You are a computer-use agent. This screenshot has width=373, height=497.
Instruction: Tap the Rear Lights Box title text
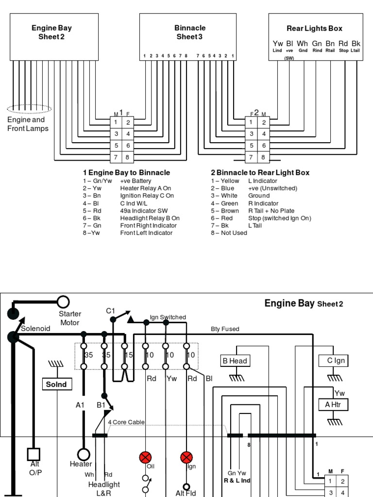click(315, 29)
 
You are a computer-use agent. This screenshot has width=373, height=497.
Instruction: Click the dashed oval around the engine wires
click(29, 109)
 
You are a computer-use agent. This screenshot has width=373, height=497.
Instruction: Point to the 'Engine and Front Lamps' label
click(28, 124)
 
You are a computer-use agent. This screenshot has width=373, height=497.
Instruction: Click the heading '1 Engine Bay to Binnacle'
click(126, 173)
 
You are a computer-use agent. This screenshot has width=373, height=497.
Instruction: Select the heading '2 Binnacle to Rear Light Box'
click(260, 173)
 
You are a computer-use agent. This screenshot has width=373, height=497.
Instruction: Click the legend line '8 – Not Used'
click(229, 233)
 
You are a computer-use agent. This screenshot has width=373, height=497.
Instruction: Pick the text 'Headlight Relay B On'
click(150, 218)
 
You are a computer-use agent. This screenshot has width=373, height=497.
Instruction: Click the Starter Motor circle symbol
click(64, 302)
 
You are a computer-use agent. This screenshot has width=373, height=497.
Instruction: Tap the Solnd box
click(56, 384)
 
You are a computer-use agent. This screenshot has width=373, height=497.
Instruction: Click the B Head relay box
click(235, 361)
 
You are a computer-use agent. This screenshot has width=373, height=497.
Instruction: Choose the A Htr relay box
click(334, 404)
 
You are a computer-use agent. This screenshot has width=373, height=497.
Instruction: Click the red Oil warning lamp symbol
click(145, 457)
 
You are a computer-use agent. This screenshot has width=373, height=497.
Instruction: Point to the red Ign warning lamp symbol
click(186, 457)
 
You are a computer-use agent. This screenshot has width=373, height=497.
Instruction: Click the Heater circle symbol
click(84, 454)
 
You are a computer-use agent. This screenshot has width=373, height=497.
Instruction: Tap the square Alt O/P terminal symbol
click(33, 454)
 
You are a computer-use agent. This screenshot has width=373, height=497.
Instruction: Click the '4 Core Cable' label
click(126, 422)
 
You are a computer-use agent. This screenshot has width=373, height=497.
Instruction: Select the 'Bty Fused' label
click(224, 329)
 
